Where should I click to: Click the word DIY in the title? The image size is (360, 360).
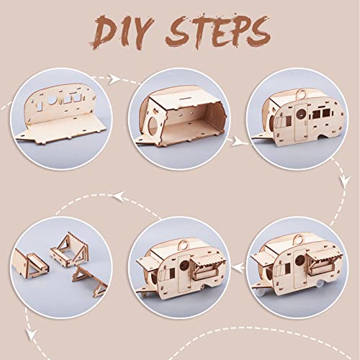pos(121,32)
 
